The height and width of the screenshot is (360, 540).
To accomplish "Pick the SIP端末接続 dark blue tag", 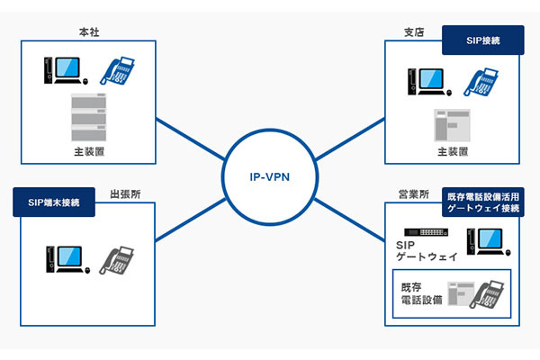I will click(x=55, y=202).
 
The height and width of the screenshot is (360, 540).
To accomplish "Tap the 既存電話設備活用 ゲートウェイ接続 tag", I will click(x=483, y=202).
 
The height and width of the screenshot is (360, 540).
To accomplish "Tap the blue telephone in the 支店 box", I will click(x=481, y=78).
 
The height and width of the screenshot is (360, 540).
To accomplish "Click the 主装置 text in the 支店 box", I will click(x=453, y=152).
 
